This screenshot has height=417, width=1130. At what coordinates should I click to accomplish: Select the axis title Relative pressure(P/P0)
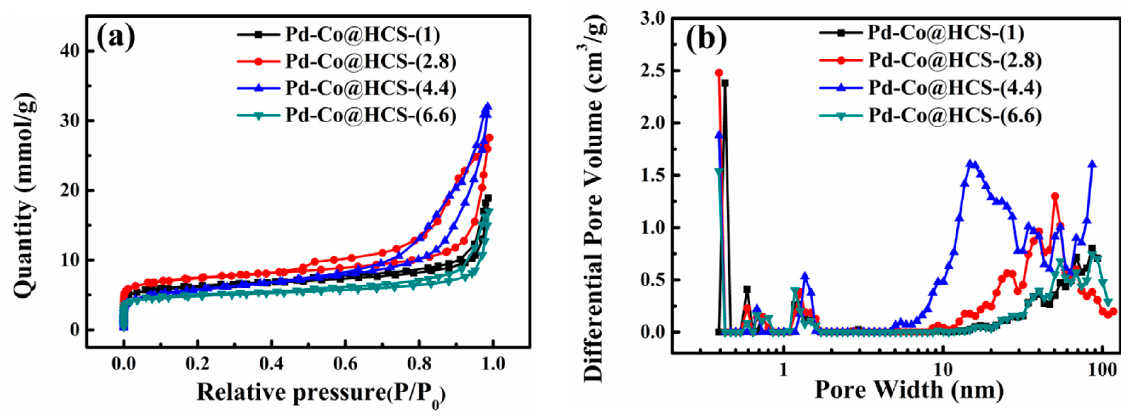[320, 392]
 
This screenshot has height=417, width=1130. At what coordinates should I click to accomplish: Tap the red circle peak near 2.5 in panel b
[719, 73]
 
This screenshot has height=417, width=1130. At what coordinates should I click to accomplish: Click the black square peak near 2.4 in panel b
[725, 83]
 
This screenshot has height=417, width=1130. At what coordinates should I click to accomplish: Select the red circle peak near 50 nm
[1055, 196]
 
